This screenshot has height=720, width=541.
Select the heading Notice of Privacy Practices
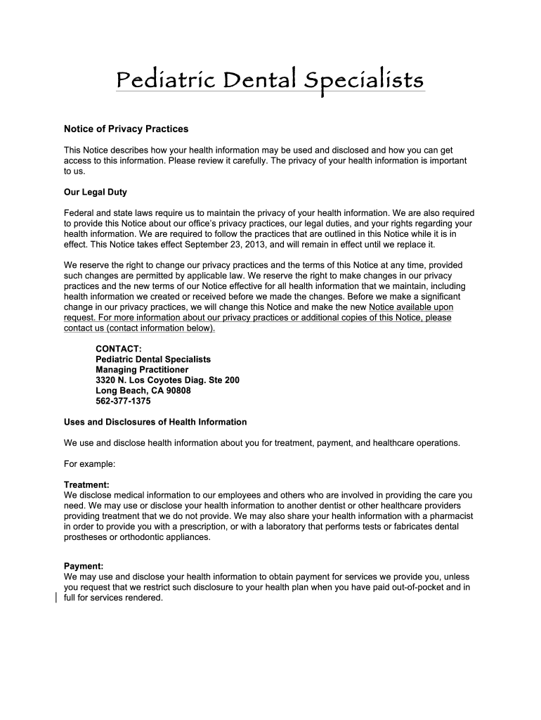(x=126, y=129)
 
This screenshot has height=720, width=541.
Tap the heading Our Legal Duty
(x=95, y=192)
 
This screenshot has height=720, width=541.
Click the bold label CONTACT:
(x=119, y=348)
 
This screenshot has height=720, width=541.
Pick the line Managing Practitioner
(x=142, y=369)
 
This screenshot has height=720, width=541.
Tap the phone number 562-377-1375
(x=123, y=401)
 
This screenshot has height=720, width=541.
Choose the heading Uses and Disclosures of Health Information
(x=155, y=422)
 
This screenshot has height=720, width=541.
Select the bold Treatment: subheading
(x=86, y=485)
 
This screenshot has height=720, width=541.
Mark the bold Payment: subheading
(x=84, y=566)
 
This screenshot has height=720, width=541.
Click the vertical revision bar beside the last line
(x=56, y=598)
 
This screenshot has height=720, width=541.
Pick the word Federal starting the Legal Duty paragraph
(x=78, y=213)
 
